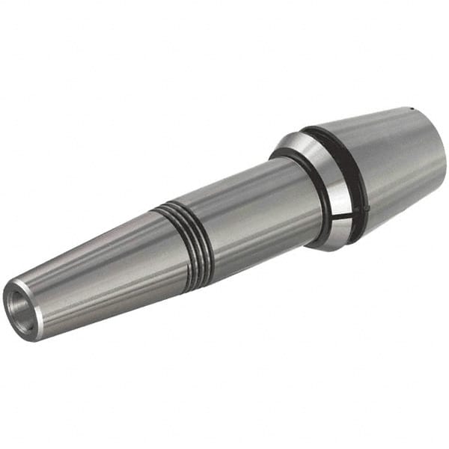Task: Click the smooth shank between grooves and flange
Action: (x=254, y=206)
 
